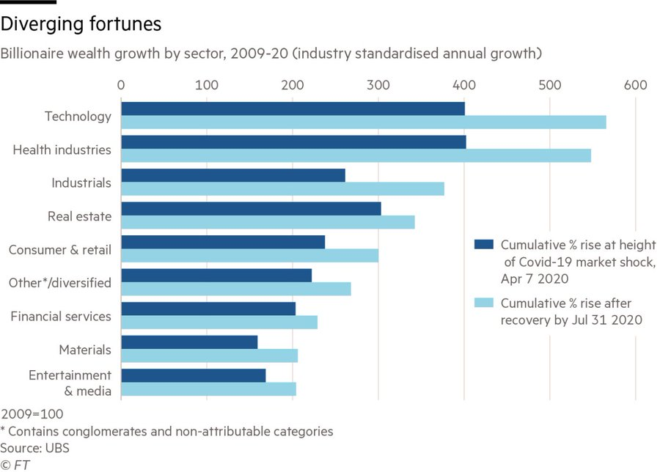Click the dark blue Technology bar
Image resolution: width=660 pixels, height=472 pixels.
pos(293,108)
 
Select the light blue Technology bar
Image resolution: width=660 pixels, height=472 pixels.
pos(363,122)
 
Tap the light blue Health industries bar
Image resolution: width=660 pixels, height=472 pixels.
pos(356,155)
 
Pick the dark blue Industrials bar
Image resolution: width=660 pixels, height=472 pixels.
pos(232,175)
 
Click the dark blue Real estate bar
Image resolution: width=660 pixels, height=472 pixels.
pos(251,209)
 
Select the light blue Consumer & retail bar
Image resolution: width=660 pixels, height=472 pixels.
pos(249,255)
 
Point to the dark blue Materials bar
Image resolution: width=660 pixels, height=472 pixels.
pos(189,342)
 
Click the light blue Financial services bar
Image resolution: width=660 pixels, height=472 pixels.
pos(219,322)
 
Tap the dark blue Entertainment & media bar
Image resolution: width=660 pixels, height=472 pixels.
pos(193,375)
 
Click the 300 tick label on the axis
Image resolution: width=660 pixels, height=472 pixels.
pos(378,86)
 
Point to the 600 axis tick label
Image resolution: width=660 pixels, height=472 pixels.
pos(635,86)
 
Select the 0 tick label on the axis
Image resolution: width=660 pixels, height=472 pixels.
pos(121,86)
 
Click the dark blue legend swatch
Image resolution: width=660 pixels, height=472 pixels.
pos(484,245)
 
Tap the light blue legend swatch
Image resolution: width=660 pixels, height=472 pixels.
pos(484,303)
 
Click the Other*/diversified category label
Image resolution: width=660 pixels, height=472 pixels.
pos(60,283)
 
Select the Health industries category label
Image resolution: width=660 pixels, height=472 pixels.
pos(62,150)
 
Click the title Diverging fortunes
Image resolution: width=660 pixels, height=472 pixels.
pos(81,24)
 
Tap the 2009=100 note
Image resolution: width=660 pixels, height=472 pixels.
pos(32,414)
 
